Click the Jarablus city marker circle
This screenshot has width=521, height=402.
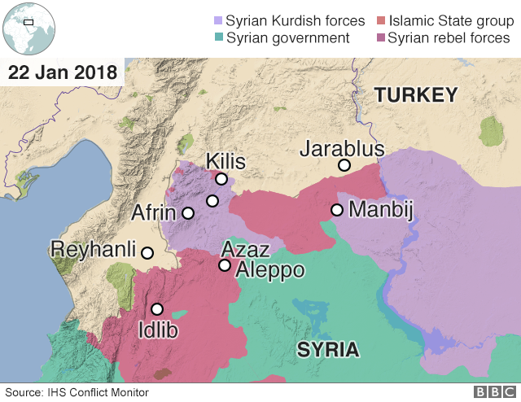point(344,165)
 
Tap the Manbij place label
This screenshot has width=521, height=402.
point(381,210)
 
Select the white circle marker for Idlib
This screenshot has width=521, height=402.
point(157,309)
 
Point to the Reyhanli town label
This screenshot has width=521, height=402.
point(93,249)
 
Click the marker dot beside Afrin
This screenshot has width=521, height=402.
point(188,213)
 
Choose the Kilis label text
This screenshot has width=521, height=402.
point(225,160)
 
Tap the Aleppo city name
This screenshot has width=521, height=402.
point(269,270)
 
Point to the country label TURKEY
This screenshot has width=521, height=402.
point(416,95)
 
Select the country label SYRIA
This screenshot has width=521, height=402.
point(327,350)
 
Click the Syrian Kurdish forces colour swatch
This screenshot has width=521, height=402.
point(217,20)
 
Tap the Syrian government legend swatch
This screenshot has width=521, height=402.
point(217,38)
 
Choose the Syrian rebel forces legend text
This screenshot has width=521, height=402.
point(449,38)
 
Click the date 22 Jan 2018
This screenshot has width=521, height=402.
point(62,72)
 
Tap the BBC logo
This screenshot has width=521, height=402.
point(493,392)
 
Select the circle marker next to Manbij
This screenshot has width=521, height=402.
point(336,210)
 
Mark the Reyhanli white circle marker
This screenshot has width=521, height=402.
point(147,252)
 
